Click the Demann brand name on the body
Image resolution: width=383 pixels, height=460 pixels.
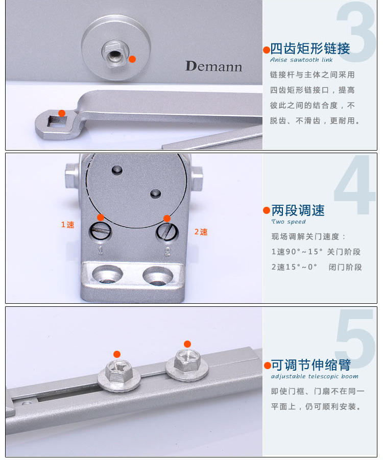213,66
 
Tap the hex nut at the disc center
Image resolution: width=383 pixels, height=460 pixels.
115,54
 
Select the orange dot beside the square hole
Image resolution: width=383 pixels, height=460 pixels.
62,113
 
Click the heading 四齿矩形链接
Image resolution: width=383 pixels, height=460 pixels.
310,49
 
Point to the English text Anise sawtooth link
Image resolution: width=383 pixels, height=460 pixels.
301,60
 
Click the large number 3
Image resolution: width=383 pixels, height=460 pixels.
356,31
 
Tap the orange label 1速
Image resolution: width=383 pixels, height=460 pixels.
68,225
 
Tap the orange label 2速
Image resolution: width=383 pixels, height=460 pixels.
201,232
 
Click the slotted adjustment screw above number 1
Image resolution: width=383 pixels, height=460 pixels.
101,231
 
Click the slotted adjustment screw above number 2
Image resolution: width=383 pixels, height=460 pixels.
166,231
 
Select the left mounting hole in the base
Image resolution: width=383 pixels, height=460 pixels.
107,275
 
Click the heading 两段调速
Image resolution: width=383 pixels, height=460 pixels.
298,210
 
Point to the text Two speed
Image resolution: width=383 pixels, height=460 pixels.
289,222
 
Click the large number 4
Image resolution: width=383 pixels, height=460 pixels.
355,185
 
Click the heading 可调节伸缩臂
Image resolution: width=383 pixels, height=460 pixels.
311,365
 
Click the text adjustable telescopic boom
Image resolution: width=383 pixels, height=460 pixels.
315,376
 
